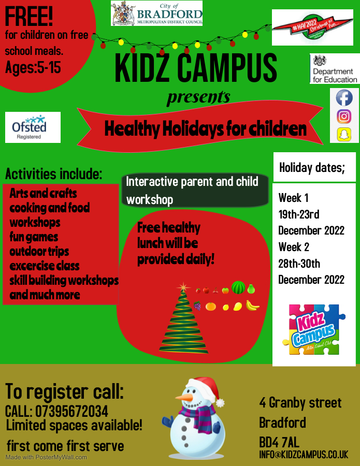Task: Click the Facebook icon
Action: [x=344, y=98]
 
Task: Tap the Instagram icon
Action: [x=344, y=116]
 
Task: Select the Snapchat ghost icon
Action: [x=344, y=135]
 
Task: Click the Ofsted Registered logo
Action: [x=33, y=127]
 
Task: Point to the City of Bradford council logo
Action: [x=156, y=13]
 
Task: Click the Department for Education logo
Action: [x=335, y=69]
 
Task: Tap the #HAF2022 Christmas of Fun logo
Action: [x=312, y=27]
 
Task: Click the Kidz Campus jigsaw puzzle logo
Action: [x=314, y=329]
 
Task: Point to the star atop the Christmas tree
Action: [x=183, y=287]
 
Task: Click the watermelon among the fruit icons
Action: [x=238, y=288]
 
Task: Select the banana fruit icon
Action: [x=252, y=306]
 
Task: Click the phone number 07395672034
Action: [x=71, y=412]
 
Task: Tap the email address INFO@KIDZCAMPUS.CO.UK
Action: [x=304, y=455]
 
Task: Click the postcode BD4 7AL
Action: [x=279, y=442]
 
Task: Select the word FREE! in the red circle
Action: [x=29, y=17]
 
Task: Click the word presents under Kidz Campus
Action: [x=198, y=97]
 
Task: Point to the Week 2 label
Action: [x=294, y=246]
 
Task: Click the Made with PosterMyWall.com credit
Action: [x=46, y=457]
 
